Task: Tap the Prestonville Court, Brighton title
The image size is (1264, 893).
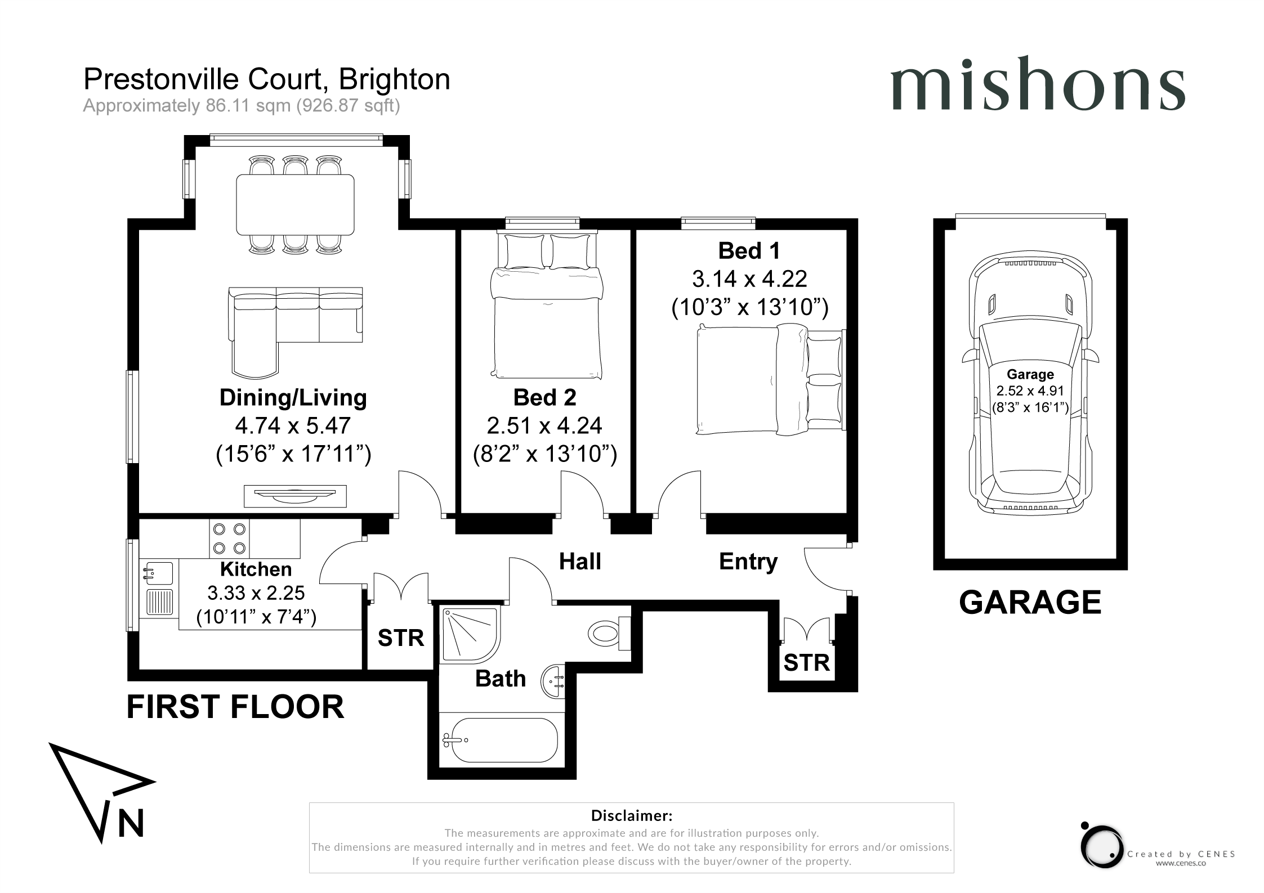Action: pyautogui.click(x=267, y=79)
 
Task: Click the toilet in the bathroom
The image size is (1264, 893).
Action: pyautogui.click(x=609, y=633)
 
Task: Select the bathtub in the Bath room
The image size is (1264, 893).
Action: pyautogui.click(x=501, y=740)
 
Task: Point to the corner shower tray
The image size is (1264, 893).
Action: pyautogui.click(x=471, y=634)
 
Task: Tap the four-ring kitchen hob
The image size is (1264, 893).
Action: pyautogui.click(x=230, y=538)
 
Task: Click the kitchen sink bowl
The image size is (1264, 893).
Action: pyautogui.click(x=158, y=573)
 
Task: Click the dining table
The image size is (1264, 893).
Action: pyautogui.click(x=296, y=204)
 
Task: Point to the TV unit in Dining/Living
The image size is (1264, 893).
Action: pyautogui.click(x=295, y=496)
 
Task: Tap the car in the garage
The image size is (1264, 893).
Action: pyautogui.click(x=1030, y=385)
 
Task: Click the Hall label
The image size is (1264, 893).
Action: pyautogui.click(x=580, y=562)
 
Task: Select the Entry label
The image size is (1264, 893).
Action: pyautogui.click(x=748, y=562)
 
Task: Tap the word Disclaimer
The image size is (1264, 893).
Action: pyautogui.click(x=632, y=815)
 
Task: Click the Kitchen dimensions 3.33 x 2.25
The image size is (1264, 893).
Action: pyautogui.click(x=256, y=593)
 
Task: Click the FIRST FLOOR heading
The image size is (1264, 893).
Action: pyautogui.click(x=235, y=707)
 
